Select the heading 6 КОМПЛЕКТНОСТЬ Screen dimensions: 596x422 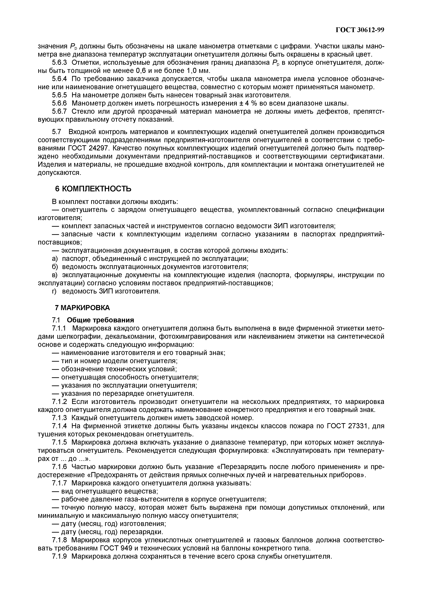point(93,189)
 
